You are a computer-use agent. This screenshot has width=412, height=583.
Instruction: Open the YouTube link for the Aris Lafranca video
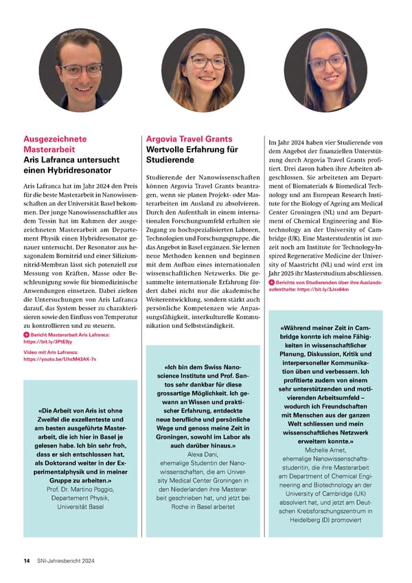coord(60,359)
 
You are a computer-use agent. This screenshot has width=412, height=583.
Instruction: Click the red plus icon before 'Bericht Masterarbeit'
coord(26,334)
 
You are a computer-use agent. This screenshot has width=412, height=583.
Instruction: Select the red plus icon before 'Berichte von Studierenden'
coord(272,283)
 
